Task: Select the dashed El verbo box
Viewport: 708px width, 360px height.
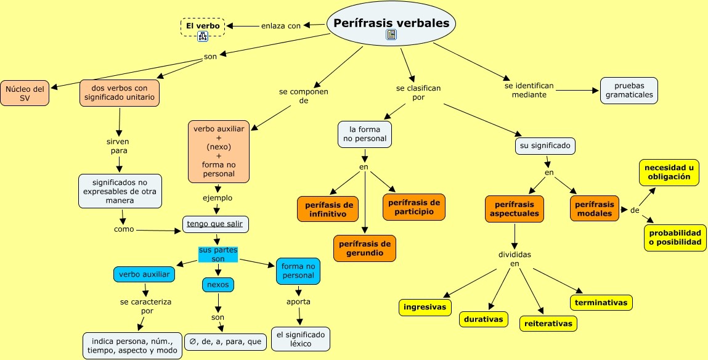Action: [203, 26]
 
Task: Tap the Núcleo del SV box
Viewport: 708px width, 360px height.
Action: [25, 93]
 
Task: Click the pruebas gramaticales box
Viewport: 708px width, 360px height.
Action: [629, 91]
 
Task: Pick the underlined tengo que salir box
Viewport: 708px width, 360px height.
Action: [216, 224]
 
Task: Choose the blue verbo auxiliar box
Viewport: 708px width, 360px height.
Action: [144, 274]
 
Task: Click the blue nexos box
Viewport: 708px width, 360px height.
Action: [218, 285]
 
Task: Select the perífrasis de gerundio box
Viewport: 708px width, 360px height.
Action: [365, 248]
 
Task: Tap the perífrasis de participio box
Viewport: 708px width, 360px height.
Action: [414, 207]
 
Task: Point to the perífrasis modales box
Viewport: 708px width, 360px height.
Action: [594, 209]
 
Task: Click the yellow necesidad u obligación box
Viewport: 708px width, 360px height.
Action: [669, 172]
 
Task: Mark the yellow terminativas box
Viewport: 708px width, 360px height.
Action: [601, 303]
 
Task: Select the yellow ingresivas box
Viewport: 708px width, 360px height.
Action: [425, 307]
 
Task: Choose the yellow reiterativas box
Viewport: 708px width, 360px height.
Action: [548, 323]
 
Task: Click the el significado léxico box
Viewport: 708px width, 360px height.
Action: [301, 339]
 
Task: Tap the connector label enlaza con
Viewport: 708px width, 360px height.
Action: [281, 26]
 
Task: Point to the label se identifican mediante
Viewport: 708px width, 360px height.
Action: [529, 90]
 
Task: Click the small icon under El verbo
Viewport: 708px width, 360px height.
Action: [203, 37]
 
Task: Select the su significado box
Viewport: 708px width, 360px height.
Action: [545, 146]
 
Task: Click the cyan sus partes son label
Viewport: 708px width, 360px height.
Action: [218, 255]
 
